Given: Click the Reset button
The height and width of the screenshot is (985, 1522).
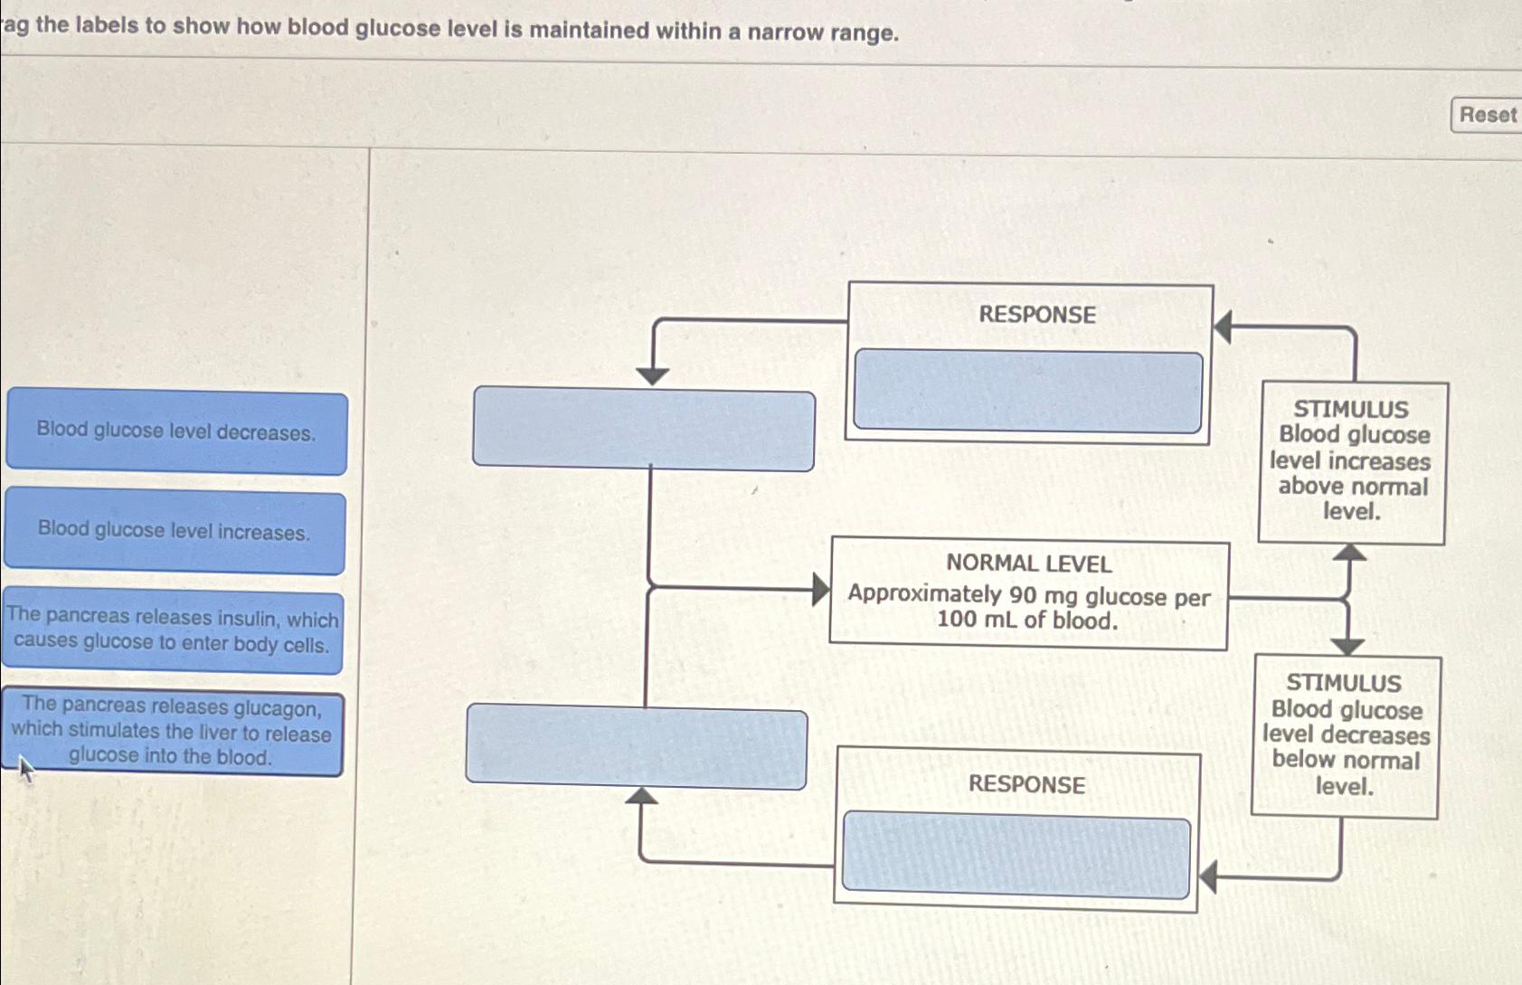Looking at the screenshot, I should coord(1487,115).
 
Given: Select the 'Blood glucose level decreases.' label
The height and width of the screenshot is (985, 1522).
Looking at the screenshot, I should coord(176,432).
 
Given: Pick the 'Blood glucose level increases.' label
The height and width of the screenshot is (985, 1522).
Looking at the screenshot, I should coord(174,532).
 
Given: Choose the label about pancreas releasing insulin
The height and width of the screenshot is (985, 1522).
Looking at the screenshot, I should coord(172,631).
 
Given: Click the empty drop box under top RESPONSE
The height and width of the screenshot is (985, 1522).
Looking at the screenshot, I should coord(1027,392).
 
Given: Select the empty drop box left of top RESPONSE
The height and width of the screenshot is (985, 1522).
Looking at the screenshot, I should coord(643,429).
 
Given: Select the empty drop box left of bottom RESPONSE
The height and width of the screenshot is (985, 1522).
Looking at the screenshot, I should coord(636,749).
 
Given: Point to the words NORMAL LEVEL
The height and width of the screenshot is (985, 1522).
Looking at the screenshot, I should coord(1028,564).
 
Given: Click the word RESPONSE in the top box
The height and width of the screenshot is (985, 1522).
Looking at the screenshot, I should coord(1036,315).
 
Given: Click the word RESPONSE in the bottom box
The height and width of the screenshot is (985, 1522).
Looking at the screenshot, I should coord(1026,784).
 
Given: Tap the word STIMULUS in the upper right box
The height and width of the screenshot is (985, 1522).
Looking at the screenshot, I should coord(1350,409).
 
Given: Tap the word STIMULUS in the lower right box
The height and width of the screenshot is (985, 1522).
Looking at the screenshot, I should coord(1344,683).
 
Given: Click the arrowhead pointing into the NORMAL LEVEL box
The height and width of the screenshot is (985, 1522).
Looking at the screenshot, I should coord(820,590).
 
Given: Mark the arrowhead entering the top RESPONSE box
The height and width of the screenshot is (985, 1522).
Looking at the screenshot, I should coord(1223,327).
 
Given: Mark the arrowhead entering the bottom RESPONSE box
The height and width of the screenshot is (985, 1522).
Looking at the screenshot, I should coord(1207,876).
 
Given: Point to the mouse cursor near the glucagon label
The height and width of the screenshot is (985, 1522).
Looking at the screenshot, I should coord(24,769).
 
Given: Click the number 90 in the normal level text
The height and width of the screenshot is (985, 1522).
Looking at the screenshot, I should coord(1022,595).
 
